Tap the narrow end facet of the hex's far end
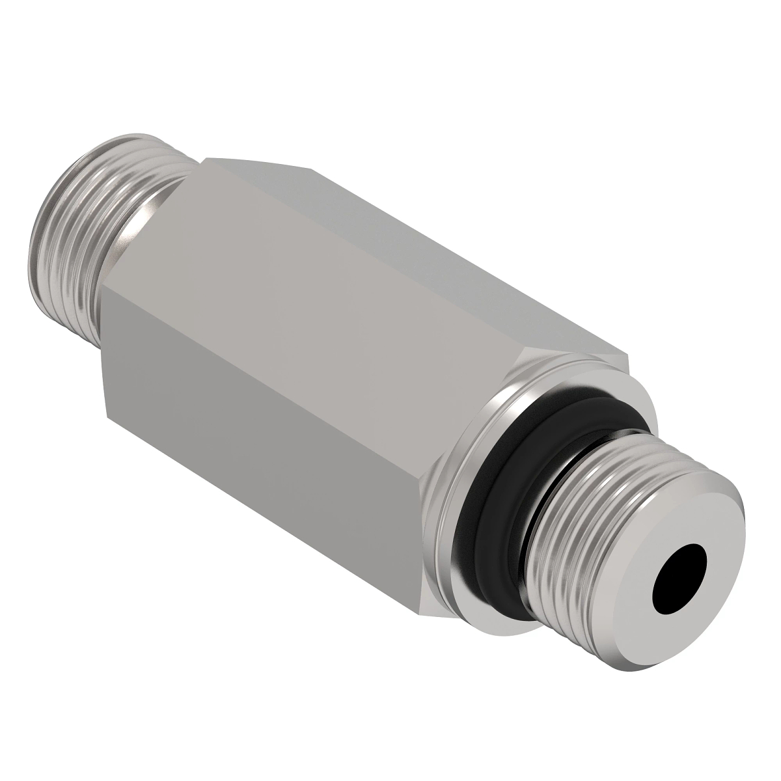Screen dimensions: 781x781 [x=104, y=351]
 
